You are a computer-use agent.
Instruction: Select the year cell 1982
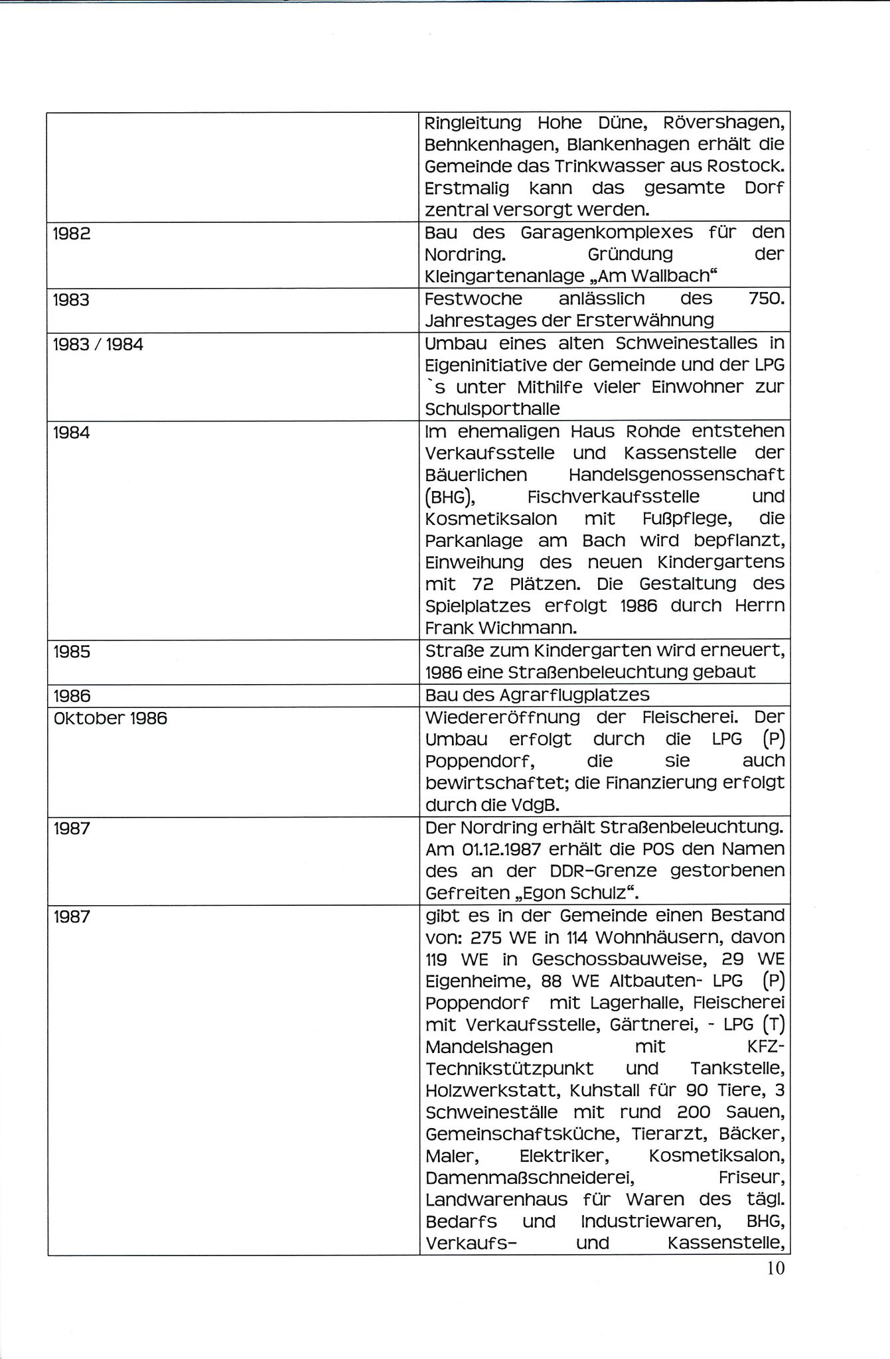[x=72, y=234]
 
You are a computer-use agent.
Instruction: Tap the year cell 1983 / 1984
[x=98, y=344]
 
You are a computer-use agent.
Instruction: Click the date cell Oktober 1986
[x=110, y=718]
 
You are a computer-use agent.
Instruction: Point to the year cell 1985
[x=72, y=652]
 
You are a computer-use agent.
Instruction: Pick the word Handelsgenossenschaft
[x=676, y=475]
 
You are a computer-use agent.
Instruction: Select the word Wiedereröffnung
[x=502, y=717]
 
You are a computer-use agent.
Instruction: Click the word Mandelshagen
[x=489, y=1047]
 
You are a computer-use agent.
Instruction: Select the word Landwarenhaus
[x=496, y=1200]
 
